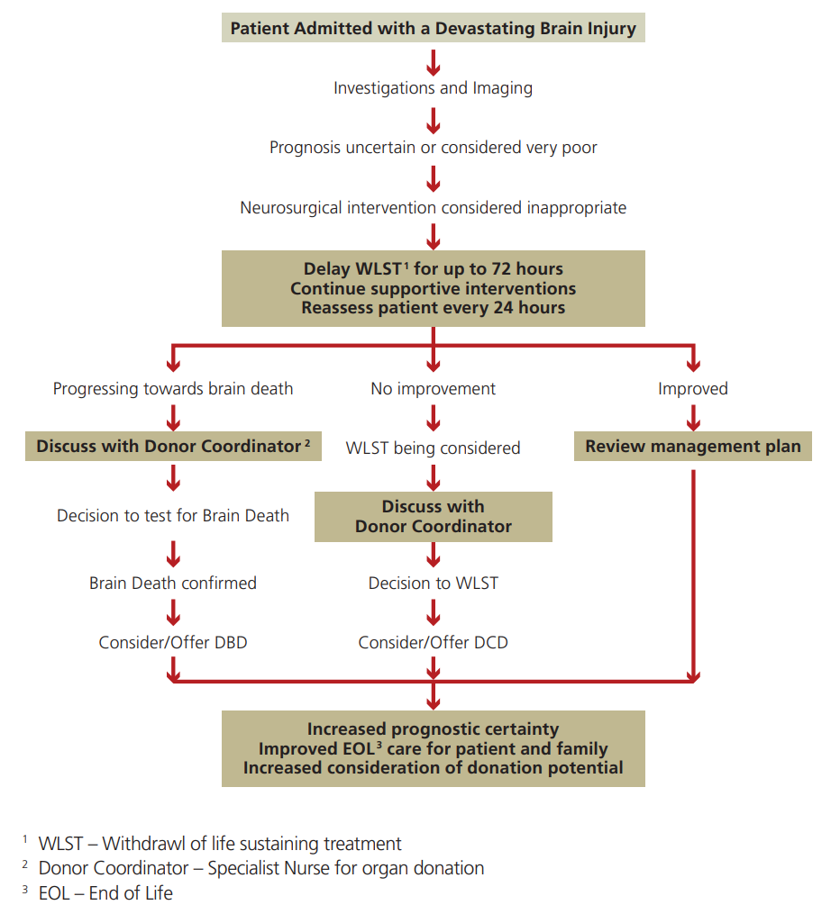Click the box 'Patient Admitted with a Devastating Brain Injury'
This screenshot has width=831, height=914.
click(433, 28)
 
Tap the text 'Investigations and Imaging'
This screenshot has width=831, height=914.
click(433, 88)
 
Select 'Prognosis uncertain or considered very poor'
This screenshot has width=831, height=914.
click(433, 147)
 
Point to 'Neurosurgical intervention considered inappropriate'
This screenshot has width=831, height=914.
click(433, 208)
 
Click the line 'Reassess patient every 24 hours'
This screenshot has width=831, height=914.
click(433, 308)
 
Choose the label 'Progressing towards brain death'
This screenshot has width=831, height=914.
click(173, 389)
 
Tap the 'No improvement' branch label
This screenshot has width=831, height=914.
click(433, 389)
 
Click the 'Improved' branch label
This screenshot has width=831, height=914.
click(692, 389)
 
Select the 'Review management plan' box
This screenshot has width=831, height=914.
click(692, 447)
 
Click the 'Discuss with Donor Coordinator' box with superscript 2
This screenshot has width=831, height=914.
click(173, 447)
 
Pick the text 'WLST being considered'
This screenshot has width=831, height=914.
click(433, 448)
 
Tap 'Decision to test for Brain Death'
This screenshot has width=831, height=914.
click(173, 516)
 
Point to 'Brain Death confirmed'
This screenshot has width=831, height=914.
click(173, 584)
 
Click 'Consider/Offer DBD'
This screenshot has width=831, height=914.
click(173, 643)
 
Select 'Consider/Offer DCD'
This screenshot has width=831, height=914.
click(433, 643)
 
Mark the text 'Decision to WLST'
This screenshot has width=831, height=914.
click(433, 584)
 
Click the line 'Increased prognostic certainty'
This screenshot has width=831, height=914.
click(433, 729)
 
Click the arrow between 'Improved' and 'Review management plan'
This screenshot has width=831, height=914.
click(692, 417)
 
